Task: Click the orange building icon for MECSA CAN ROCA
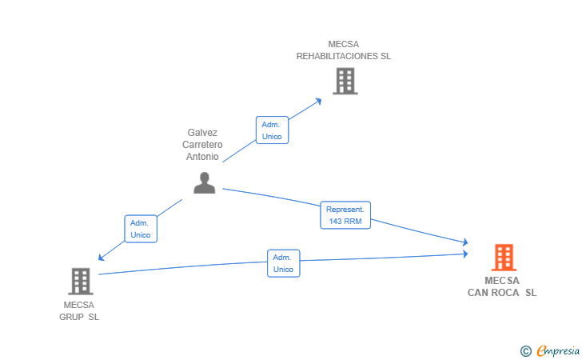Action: point(503,257)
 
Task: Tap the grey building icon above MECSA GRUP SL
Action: point(80,281)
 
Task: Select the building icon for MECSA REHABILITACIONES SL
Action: point(345,81)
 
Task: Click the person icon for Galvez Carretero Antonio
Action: point(205,183)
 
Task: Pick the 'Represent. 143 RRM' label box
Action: point(345,215)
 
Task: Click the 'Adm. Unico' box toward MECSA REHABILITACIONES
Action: point(272,130)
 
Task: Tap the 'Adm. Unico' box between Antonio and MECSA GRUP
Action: point(141,229)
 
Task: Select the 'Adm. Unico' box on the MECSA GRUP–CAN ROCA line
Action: point(283,263)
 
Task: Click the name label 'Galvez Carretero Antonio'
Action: point(202,145)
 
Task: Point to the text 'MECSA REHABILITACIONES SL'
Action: point(344,50)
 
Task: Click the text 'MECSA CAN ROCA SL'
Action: point(502,286)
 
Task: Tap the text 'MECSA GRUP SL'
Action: point(79,310)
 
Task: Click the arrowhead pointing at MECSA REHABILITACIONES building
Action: point(318,100)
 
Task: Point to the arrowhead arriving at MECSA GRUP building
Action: point(102,258)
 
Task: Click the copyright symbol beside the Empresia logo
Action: point(525,350)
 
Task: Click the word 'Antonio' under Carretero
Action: point(202,157)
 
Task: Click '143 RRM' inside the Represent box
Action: point(345,221)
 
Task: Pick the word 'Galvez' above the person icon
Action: point(202,133)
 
